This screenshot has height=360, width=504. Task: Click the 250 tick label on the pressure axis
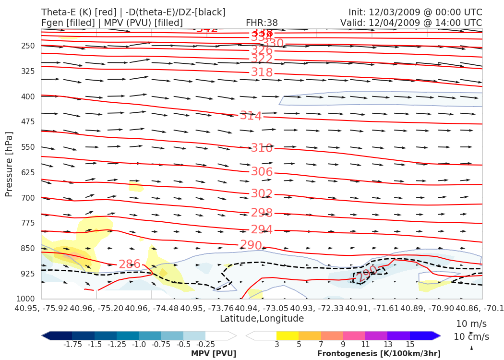click(x=28, y=46)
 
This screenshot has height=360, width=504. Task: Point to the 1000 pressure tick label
click(x=26, y=299)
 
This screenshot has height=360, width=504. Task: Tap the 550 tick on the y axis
click(x=28, y=147)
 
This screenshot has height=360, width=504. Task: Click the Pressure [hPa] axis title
click(x=9, y=163)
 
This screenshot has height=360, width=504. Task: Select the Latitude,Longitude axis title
click(x=262, y=318)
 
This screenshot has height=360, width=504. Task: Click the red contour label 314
click(x=251, y=116)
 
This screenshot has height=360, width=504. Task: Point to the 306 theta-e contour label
click(x=262, y=172)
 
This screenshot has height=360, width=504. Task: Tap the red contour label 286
click(x=130, y=264)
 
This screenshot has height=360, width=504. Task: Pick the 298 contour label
click(x=262, y=213)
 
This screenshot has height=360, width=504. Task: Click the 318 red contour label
click(x=262, y=72)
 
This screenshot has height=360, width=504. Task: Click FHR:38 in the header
click(x=262, y=23)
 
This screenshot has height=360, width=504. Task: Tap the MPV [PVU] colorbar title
click(x=214, y=354)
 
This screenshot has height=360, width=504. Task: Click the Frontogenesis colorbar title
click(x=379, y=354)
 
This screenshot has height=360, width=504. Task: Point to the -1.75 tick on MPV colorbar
click(x=72, y=344)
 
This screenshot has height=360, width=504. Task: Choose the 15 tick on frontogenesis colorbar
click(x=410, y=344)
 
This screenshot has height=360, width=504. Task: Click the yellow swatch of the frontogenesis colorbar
click(x=287, y=336)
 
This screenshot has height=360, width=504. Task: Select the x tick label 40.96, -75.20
click(x=96, y=307)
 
